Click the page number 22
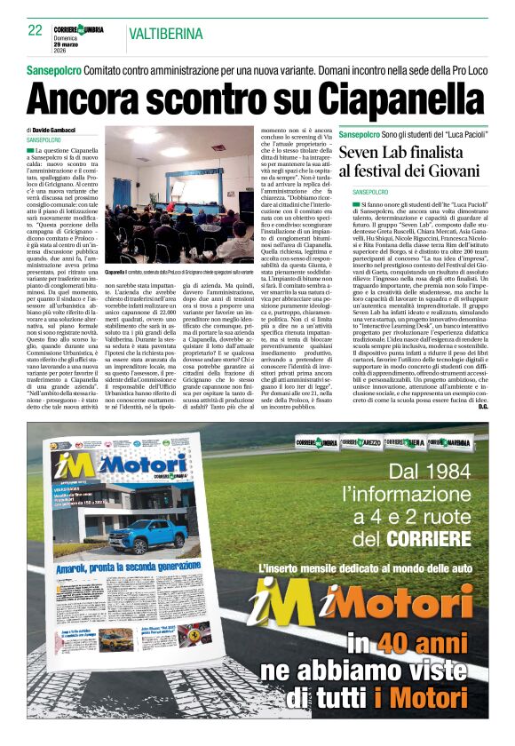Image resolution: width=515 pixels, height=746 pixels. (x=36, y=30)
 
